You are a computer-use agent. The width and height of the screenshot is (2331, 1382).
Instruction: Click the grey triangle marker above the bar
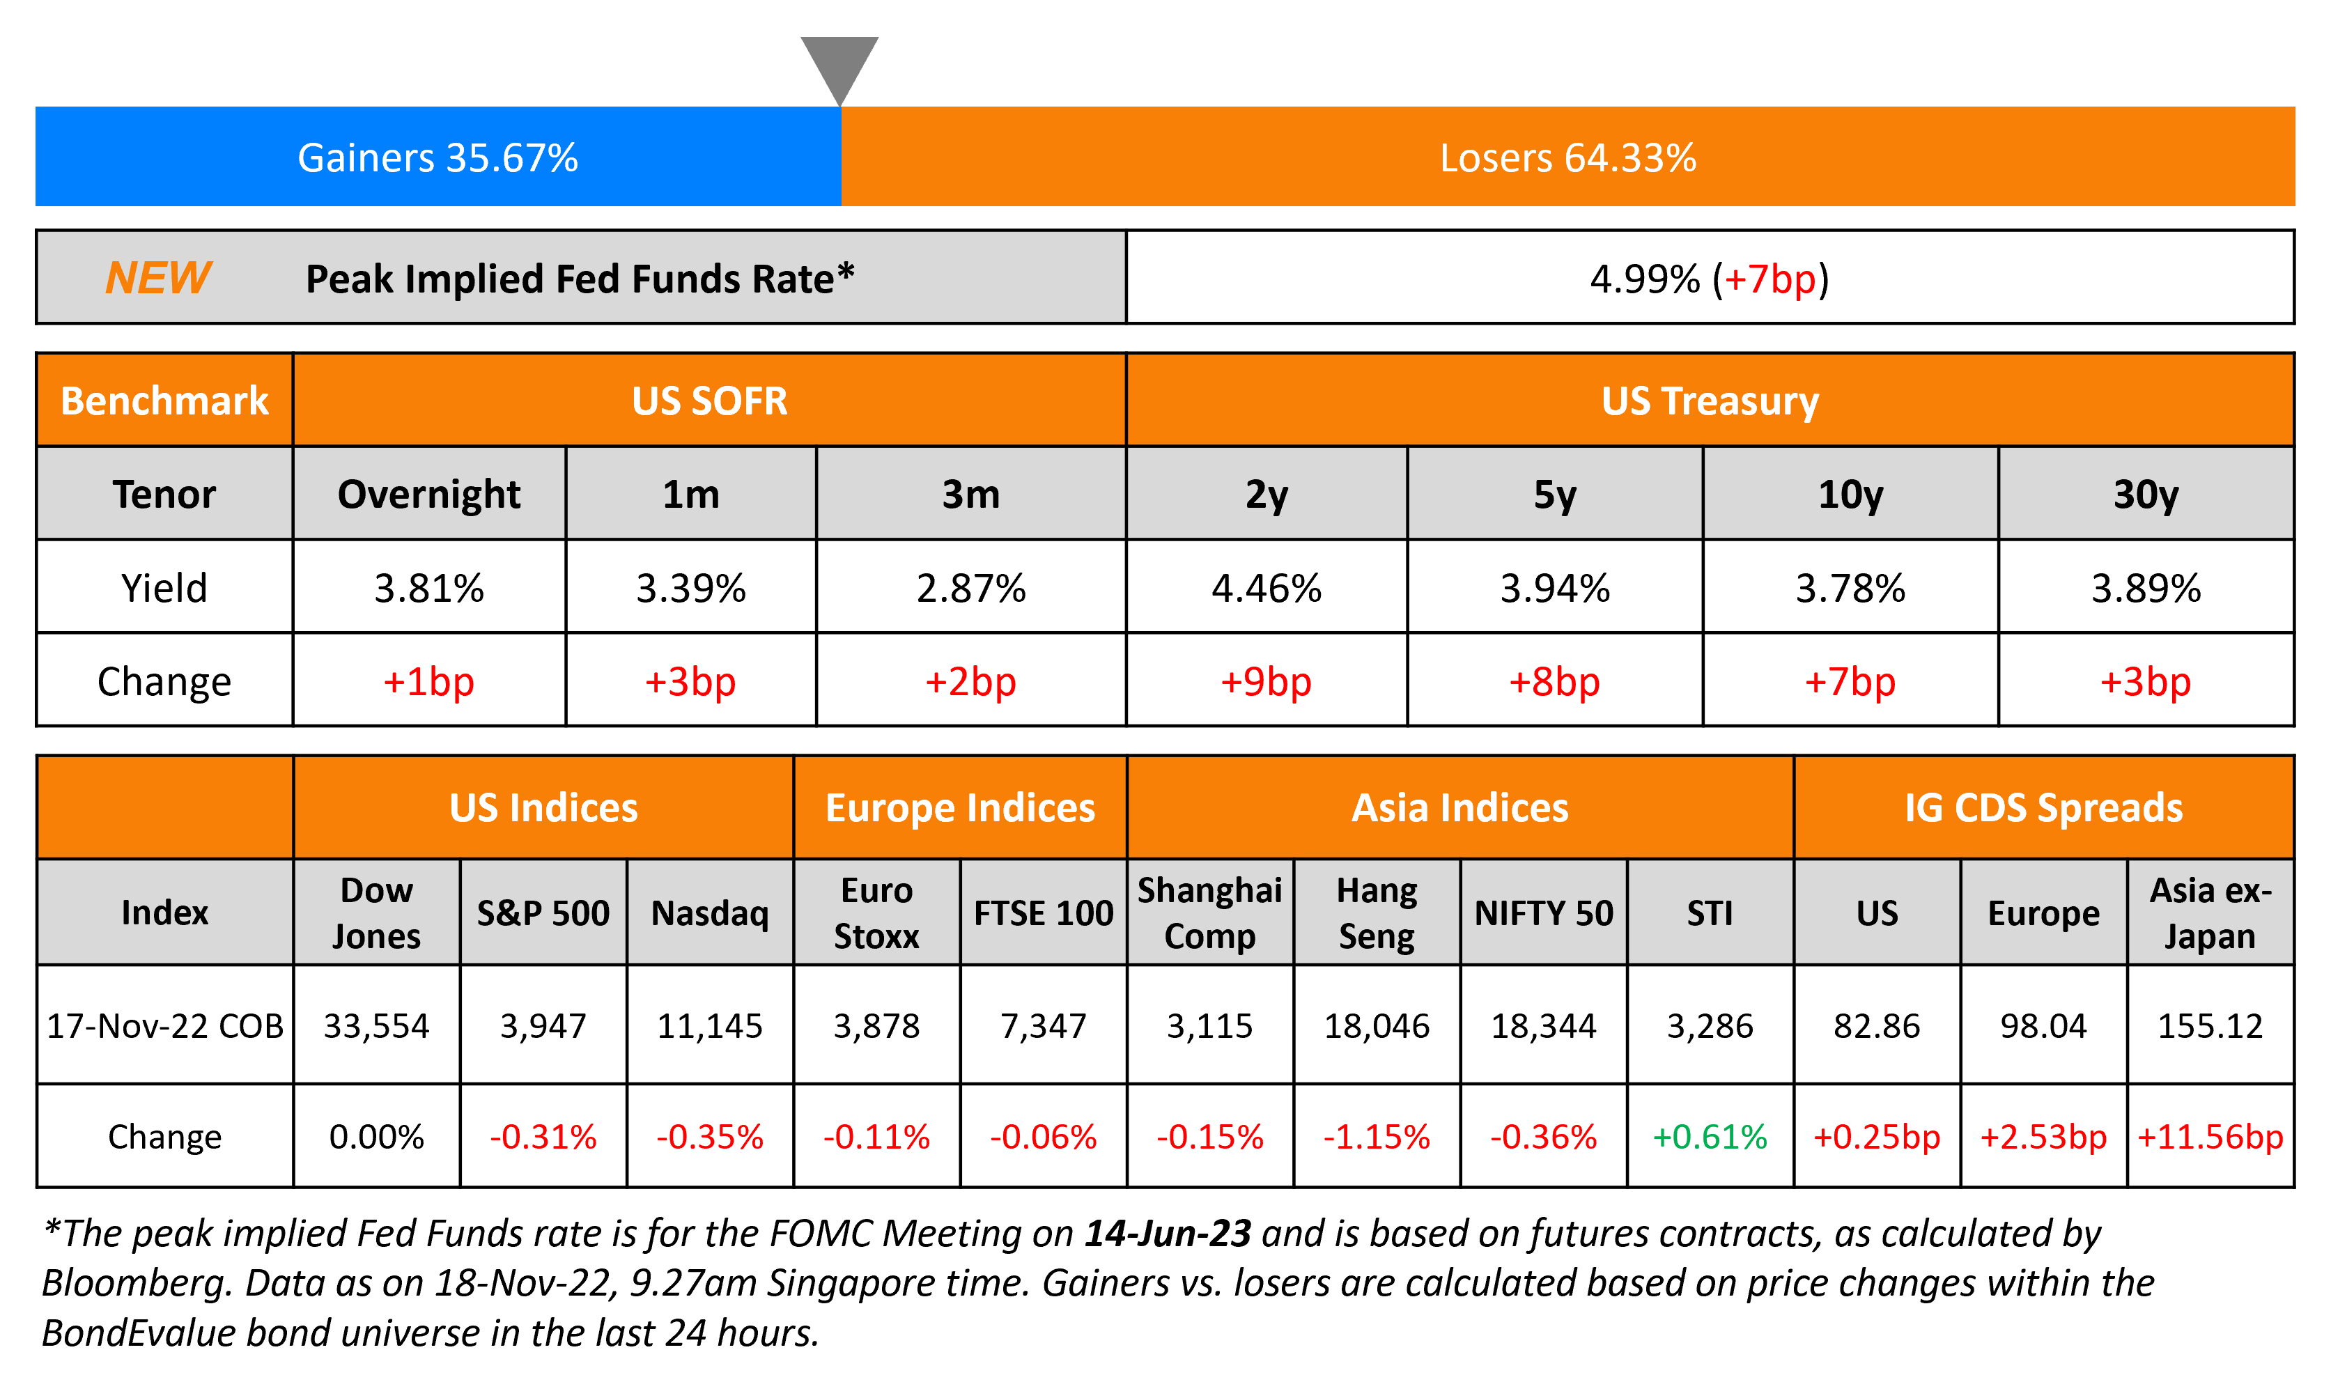tap(839, 65)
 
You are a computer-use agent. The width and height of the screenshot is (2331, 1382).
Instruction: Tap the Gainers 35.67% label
tap(437, 158)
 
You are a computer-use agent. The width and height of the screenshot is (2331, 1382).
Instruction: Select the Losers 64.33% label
tap(1567, 158)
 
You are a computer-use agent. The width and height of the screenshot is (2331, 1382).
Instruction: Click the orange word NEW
tap(158, 277)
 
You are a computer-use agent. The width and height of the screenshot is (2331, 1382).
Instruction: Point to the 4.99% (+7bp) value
tap(1709, 279)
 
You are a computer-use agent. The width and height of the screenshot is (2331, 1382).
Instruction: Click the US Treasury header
tap(1709, 401)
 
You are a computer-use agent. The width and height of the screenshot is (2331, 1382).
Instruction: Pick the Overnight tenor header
tap(428, 495)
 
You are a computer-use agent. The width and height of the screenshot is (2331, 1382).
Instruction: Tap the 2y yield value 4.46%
tap(1266, 589)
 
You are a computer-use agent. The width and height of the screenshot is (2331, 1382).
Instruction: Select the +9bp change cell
tap(1266, 682)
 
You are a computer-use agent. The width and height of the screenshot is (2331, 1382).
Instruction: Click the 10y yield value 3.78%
tap(1850, 589)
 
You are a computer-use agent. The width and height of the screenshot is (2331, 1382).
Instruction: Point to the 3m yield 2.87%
tap(970, 589)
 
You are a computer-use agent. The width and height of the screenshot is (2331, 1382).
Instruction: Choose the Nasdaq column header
tap(710, 913)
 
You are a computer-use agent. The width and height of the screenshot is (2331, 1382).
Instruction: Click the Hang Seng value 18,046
tap(1377, 1026)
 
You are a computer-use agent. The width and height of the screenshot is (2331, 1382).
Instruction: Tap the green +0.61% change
tap(1709, 1137)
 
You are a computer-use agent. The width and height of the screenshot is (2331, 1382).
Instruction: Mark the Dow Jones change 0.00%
tap(376, 1137)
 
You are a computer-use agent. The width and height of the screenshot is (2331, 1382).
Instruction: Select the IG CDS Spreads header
tap(2043, 807)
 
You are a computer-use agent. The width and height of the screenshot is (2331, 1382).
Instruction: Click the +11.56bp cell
tap(2210, 1137)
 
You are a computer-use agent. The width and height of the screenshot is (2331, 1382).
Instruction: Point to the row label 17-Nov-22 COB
tap(165, 1026)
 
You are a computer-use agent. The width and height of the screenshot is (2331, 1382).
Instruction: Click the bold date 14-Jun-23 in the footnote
tap(1167, 1233)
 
